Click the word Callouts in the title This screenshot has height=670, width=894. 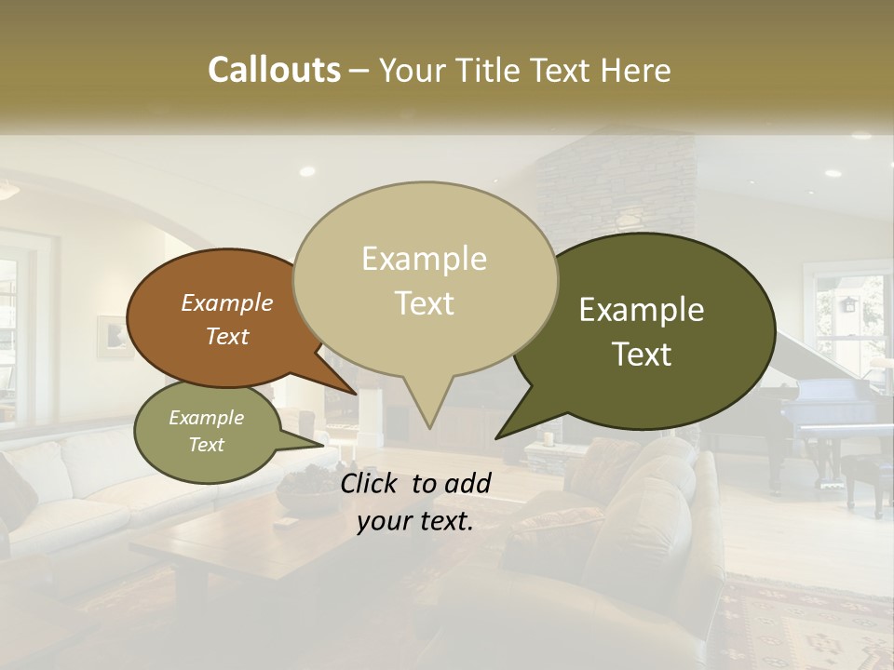[274, 70]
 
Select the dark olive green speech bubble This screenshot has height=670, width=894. [652, 330]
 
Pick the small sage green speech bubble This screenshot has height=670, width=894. [205, 431]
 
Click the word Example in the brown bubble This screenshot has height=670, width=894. [226, 303]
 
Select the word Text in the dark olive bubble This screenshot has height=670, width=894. [643, 355]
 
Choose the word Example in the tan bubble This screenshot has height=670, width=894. [424, 259]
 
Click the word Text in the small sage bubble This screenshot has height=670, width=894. [206, 445]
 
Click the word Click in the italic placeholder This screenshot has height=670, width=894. [370, 483]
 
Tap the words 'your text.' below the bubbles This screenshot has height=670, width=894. [415, 522]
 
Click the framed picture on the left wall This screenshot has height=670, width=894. [114, 336]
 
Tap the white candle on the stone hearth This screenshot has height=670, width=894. [549, 438]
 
